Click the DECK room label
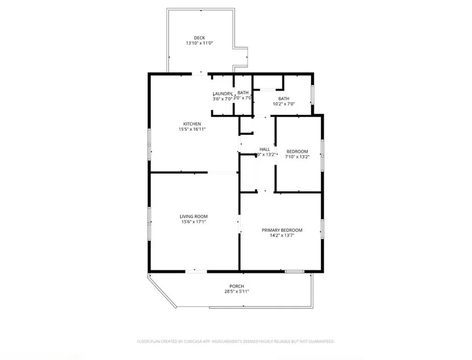pyautogui.click(x=199, y=38)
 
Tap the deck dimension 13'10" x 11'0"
pyautogui.click(x=199, y=43)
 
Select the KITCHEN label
pyautogui.click(x=192, y=124)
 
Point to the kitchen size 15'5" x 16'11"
pyautogui.click(x=192, y=129)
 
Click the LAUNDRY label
pyautogui.click(x=223, y=93)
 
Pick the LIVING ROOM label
pyautogui.click(x=193, y=217)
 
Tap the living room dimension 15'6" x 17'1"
pyautogui.click(x=193, y=222)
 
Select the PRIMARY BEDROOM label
pyautogui.click(x=282, y=230)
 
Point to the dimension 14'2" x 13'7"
pyautogui.click(x=282, y=235)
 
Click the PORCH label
pyautogui.click(x=237, y=286)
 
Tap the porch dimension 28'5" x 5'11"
pyautogui.click(x=237, y=292)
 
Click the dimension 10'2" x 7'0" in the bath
pyautogui.click(x=284, y=104)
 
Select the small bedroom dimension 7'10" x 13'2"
pyautogui.click(x=297, y=157)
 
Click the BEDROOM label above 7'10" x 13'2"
pyautogui.click(x=297, y=151)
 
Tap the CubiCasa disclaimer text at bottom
pyautogui.click(x=235, y=342)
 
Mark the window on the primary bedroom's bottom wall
pyautogui.click(x=294, y=271)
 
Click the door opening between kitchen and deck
pyautogui.click(x=200, y=74)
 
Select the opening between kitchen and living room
pyautogui.click(x=223, y=172)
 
